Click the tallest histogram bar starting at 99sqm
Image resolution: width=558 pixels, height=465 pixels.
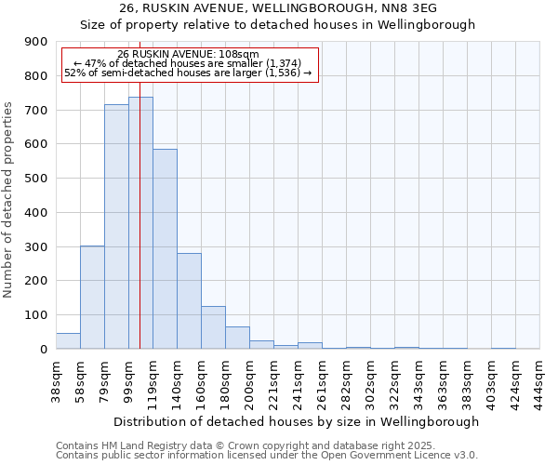point(140,223)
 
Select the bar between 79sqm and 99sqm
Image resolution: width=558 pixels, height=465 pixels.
point(116,227)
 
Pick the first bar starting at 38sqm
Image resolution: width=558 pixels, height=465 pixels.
point(68,341)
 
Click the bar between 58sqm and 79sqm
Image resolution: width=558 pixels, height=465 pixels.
point(92,298)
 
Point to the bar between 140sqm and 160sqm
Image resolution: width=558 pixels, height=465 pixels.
point(189,301)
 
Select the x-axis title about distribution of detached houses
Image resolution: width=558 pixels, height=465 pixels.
point(298,421)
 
